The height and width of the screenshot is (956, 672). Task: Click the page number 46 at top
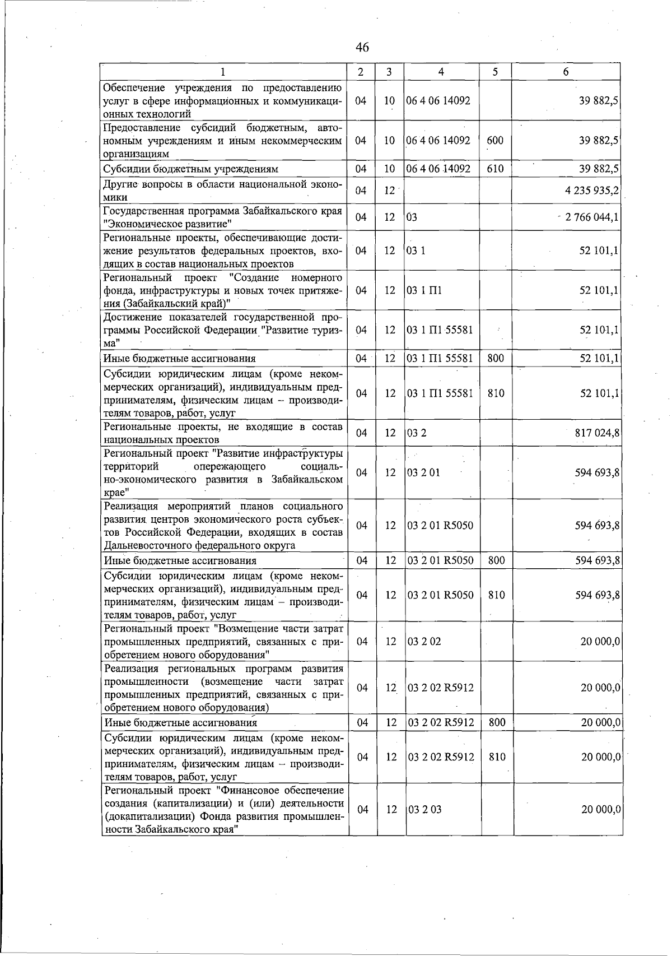362,48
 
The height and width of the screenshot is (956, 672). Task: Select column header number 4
442,72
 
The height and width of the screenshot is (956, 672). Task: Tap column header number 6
566,72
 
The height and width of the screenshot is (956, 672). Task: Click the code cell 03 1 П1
424,290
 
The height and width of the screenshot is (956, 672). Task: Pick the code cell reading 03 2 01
424,473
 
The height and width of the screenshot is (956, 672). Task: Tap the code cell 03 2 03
424,810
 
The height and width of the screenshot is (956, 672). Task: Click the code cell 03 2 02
424,642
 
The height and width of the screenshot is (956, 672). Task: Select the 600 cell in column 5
495,141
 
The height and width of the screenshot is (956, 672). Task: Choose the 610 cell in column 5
495,169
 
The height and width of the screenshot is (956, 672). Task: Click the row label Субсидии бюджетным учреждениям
191,169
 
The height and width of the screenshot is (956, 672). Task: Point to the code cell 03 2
413,433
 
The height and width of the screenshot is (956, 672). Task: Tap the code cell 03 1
416,250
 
